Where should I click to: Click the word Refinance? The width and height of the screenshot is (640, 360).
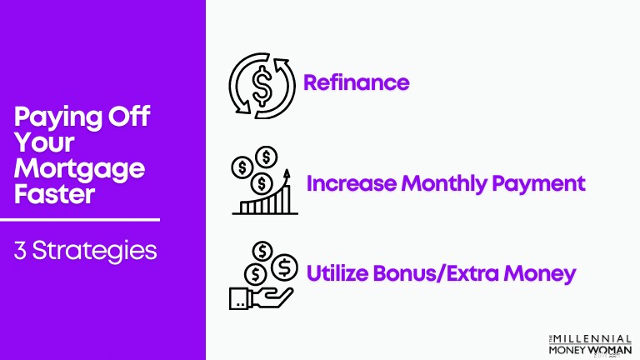357,82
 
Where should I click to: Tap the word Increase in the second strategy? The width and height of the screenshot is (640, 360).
351,183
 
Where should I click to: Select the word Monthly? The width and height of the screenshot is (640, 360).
444,184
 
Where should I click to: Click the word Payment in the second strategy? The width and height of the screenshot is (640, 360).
539,184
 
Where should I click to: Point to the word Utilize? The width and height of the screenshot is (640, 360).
337,272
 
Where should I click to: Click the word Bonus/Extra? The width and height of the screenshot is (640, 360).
436,272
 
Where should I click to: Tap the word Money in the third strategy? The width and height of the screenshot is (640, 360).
540,274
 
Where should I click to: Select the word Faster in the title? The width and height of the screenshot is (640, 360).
55,194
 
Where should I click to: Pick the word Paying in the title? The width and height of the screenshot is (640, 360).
58,118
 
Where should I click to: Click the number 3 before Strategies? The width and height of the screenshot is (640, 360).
20,251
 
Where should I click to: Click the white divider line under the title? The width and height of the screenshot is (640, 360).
80,220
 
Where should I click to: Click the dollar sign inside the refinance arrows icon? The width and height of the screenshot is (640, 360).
262,86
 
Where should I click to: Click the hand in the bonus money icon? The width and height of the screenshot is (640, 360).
261,298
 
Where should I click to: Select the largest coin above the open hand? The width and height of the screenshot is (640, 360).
284,267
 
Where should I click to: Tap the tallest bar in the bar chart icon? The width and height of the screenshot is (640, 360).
287,200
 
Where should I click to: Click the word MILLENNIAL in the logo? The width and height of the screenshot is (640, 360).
592,340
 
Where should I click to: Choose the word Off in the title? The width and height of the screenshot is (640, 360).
129,117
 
